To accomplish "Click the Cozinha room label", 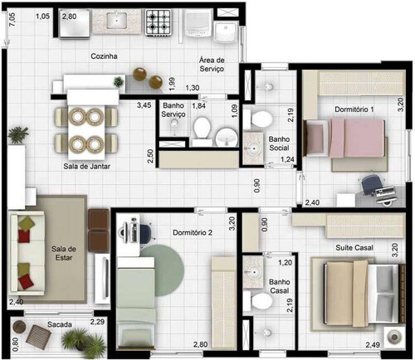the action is (104, 56).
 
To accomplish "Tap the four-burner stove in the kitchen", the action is (158, 22).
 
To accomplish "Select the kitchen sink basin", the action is (117, 20).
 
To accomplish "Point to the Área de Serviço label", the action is (212, 65).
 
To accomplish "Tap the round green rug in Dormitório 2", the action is (163, 270).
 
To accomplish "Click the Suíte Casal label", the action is (354, 247).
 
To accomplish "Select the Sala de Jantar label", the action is (86, 166).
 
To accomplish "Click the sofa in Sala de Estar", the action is (27, 252).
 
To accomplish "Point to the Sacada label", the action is (60, 324).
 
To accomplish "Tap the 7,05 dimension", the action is (12, 20).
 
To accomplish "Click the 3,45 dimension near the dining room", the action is (144, 105).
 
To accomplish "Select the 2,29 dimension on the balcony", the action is (97, 322).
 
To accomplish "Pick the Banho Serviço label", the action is (173, 109).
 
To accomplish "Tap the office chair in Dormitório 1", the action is (371, 184).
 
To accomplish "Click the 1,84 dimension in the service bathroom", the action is (199, 105).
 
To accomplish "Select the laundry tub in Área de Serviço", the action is (226, 32).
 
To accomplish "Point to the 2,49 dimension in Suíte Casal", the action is (373, 345).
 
